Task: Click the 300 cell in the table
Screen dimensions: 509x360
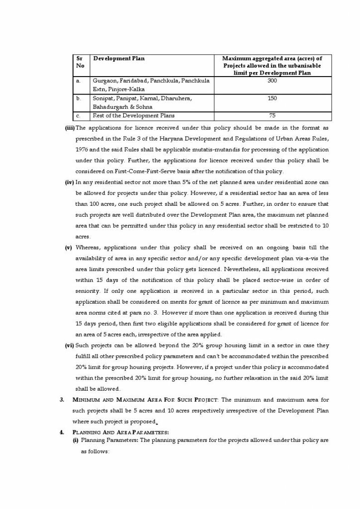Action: click(x=271, y=80)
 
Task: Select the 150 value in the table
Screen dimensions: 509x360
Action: click(x=271, y=98)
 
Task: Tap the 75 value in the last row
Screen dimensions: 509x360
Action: click(x=271, y=116)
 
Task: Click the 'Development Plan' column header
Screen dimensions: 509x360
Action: click(x=119, y=59)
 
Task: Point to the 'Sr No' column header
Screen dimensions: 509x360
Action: click(x=80, y=62)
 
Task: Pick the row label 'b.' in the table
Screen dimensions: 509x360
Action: click(x=79, y=98)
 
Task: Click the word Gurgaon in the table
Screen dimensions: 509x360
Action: click(x=103, y=80)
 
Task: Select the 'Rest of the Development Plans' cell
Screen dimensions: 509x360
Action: click(x=126, y=116)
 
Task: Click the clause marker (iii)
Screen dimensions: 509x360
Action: click(x=70, y=128)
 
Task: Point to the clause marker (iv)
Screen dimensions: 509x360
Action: click(x=70, y=182)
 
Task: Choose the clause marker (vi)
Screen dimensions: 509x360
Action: click(x=70, y=345)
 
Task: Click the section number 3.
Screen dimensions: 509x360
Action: click(x=63, y=400)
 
